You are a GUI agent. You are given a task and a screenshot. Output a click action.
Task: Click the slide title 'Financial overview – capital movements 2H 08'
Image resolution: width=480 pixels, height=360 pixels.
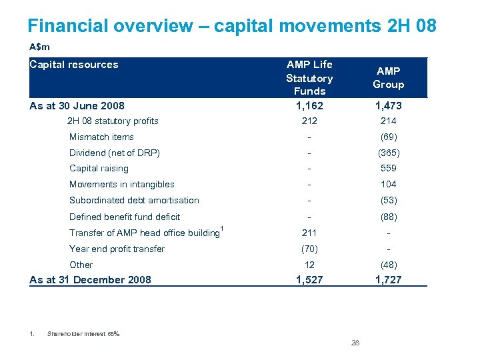232,25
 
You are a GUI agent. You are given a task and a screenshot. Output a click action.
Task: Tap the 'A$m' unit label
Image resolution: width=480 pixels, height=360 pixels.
40,47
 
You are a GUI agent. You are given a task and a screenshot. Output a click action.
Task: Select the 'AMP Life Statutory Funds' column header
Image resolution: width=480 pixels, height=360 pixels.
309,77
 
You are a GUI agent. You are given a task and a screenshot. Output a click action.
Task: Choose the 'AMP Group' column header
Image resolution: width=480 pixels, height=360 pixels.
388,78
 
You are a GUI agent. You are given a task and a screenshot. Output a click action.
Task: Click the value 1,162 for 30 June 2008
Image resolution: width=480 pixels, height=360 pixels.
309,105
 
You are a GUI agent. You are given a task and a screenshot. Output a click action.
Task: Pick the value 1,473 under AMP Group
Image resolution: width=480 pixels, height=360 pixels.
388,105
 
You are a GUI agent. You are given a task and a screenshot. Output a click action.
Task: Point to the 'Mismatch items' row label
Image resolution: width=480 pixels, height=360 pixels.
101,137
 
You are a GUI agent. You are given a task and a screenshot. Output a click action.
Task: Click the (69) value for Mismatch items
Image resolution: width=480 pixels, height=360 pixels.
388,137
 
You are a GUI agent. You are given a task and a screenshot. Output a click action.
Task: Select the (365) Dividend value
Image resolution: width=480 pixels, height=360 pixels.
388,153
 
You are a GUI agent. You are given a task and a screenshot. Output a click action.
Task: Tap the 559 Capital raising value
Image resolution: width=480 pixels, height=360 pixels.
388,168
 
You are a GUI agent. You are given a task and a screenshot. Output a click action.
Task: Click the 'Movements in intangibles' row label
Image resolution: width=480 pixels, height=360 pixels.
121,184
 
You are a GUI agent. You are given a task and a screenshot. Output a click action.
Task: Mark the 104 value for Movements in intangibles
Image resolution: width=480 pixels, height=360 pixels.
388,184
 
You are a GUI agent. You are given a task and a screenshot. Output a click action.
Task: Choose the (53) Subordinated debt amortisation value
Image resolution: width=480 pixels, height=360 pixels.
388,200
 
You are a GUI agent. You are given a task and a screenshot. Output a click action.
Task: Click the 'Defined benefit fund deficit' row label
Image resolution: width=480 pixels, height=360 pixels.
125,217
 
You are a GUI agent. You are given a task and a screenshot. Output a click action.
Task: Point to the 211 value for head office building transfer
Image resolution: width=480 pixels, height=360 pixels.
309,233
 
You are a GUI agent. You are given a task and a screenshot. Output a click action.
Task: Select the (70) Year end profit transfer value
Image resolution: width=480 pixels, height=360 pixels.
309,249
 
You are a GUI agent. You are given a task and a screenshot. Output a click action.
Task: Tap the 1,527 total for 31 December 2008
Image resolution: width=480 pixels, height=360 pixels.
309,280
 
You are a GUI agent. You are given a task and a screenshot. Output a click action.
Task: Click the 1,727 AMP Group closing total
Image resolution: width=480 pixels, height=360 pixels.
388,280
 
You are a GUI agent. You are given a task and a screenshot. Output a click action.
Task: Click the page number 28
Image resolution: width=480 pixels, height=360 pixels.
355,343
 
